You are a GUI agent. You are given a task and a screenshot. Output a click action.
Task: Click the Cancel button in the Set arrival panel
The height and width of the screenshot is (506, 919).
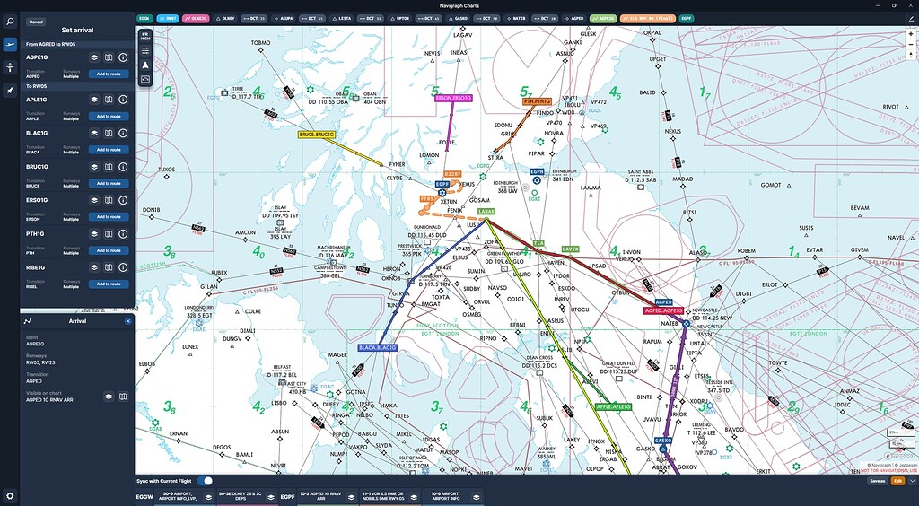pos(36,22)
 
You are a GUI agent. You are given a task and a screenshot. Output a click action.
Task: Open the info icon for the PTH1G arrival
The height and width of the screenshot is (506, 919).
pos(123,234)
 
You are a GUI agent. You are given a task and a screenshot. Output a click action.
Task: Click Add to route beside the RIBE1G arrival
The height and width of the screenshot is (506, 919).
pos(108,284)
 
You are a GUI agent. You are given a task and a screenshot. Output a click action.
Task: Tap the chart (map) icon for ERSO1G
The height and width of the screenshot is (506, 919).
pos(108,200)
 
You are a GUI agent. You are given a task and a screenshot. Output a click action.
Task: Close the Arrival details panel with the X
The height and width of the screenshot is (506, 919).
pos(127,320)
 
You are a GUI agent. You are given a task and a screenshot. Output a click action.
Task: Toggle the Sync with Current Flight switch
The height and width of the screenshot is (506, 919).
pos(206,481)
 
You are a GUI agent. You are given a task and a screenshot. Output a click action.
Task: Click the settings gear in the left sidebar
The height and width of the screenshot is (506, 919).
pos(10,495)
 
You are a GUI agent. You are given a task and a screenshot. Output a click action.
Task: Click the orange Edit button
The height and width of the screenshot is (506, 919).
pos(897,481)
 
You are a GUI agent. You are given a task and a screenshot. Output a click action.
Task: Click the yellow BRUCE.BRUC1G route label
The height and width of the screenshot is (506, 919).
pos(317,135)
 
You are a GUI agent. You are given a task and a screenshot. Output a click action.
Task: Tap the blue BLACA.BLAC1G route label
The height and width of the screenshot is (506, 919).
pos(378,347)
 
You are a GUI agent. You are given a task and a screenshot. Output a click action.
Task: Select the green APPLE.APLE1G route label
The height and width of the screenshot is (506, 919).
pos(613,406)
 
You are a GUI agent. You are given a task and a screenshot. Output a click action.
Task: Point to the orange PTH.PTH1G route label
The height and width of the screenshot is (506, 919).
pos(538,102)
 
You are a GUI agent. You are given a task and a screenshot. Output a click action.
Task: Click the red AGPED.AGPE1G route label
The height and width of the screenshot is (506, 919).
pos(664,310)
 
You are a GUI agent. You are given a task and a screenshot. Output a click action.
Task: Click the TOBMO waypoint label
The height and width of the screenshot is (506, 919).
pos(261,43)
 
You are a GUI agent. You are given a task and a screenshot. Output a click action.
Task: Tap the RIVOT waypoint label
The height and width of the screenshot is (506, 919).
pos(890,106)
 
